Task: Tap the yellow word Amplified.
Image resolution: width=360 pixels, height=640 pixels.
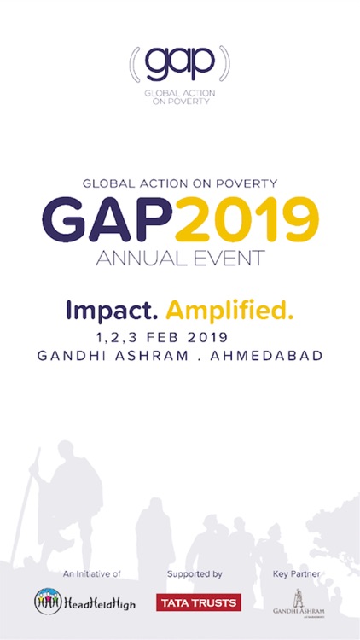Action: coord(229,310)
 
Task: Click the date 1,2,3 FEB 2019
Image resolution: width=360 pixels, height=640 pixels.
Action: coord(180,337)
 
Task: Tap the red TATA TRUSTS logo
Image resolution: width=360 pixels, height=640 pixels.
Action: coord(199,603)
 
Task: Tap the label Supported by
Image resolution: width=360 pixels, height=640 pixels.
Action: coord(195,574)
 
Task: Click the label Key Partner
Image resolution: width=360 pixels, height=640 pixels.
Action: coord(296,574)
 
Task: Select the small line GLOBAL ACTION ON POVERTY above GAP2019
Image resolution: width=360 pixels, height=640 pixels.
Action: coord(180,183)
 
